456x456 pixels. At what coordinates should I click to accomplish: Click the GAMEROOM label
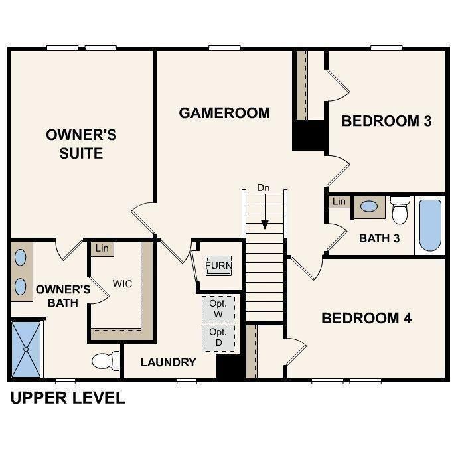(x=224, y=113)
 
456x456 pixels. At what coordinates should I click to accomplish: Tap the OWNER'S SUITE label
(x=81, y=144)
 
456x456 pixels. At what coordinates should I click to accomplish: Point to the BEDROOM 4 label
(x=366, y=319)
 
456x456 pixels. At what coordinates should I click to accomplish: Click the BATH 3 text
(x=379, y=238)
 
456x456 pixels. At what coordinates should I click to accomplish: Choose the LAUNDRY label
(x=168, y=362)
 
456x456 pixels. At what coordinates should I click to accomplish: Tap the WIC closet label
(x=122, y=284)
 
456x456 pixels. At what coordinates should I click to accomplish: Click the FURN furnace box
(x=218, y=266)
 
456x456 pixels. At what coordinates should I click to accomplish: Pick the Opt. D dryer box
(x=218, y=337)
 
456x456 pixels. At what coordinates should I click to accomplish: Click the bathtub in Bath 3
(x=430, y=225)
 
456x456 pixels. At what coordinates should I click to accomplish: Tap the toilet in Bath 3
(x=400, y=210)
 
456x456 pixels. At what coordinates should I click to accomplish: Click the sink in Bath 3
(x=368, y=206)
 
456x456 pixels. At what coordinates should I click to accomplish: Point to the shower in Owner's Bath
(x=26, y=348)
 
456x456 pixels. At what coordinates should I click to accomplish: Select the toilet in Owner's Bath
(x=105, y=360)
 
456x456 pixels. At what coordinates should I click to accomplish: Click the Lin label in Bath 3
(x=339, y=202)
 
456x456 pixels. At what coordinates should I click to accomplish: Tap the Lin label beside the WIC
(x=102, y=248)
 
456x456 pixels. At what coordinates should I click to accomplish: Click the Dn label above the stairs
(x=265, y=189)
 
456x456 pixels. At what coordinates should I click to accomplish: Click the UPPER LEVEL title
(x=66, y=398)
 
